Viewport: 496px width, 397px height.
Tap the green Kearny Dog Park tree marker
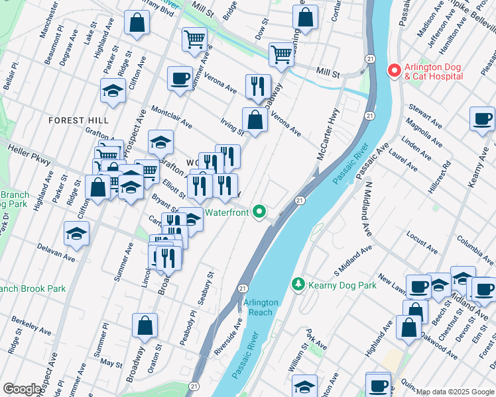coord(298,285)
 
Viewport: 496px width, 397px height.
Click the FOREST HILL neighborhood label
coord(78,120)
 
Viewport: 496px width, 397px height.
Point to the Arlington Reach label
coord(261,306)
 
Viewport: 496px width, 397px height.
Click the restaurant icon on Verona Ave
coord(257,85)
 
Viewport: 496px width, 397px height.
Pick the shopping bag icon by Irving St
coord(255,120)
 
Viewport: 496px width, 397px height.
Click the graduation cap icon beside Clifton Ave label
coord(113,91)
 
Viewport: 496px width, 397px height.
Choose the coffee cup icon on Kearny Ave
coord(482,119)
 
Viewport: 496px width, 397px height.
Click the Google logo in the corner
coord(23,389)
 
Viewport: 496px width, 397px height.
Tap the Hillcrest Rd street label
coord(439,177)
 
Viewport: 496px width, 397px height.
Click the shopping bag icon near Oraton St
coord(145,326)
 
